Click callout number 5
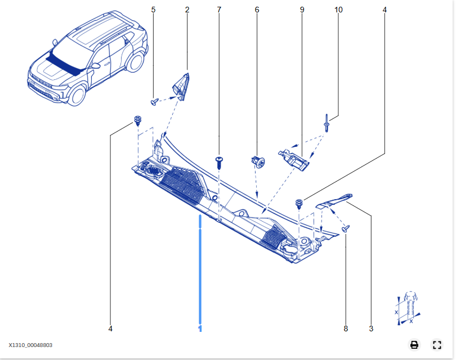[153, 10]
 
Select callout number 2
[187, 10]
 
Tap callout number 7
[219, 10]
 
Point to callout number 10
[338, 10]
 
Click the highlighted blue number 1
[200, 328]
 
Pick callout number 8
[346, 328]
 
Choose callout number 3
[371, 328]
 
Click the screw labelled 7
[220, 163]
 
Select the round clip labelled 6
[258, 161]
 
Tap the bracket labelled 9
[294, 160]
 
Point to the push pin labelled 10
[327, 123]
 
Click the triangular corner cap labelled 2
[181, 87]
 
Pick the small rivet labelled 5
[155, 102]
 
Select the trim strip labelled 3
[334, 201]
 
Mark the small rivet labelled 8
[346, 229]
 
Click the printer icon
[414, 345]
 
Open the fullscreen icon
[437, 345]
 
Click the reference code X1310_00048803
[30, 345]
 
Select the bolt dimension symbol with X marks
[408, 308]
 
